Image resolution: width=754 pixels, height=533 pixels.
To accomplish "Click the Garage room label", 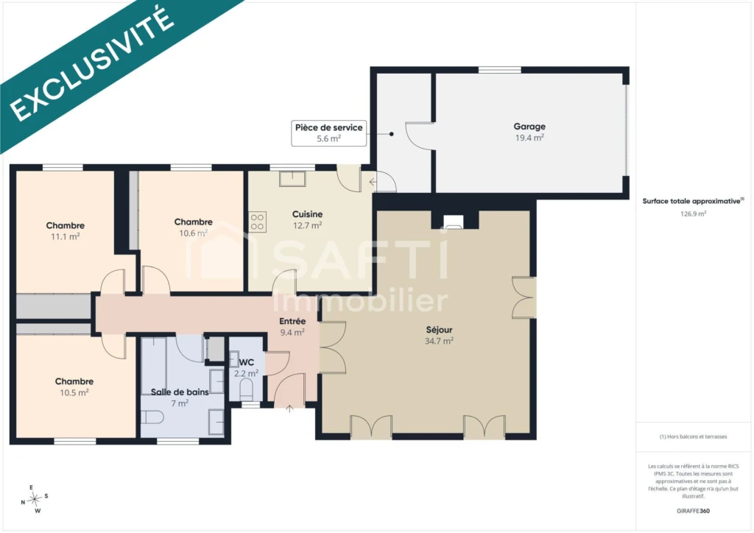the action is (529, 127).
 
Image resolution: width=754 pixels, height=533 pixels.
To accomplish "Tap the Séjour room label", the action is (439, 330).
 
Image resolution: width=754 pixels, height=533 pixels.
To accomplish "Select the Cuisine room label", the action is (307, 214).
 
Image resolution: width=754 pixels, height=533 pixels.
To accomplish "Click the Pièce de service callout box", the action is (329, 133).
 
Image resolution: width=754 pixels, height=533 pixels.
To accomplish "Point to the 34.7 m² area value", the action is (439, 342).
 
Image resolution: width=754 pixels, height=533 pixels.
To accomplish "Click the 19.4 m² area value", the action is (529, 138).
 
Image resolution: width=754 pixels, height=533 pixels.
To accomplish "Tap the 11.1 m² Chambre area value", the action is (66, 236).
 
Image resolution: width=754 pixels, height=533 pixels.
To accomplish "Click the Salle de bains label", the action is (180, 392).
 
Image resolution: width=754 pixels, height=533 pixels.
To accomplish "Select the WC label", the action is (246, 362).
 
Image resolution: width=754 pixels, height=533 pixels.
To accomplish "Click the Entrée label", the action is (292, 321).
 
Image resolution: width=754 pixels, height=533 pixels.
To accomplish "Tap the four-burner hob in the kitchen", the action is (257, 222).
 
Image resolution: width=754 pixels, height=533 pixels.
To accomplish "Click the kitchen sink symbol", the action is (292, 179).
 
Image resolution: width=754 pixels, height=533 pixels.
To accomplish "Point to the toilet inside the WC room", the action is (246, 388).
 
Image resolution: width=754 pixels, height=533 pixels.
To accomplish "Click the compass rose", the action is (35, 500).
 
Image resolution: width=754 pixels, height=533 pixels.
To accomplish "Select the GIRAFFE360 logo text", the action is (693, 511).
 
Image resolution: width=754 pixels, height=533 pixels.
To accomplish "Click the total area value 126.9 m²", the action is (693, 214).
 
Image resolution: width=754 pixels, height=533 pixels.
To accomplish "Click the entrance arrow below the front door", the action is (289, 409).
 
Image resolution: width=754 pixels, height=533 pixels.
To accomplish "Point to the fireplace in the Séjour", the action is (453, 222).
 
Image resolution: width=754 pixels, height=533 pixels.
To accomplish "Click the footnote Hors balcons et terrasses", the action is (693, 437).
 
